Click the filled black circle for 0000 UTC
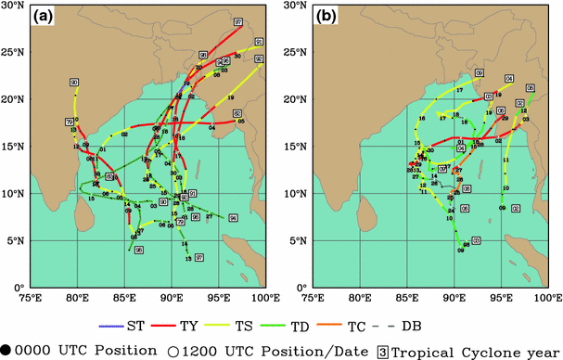pos(7,348)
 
